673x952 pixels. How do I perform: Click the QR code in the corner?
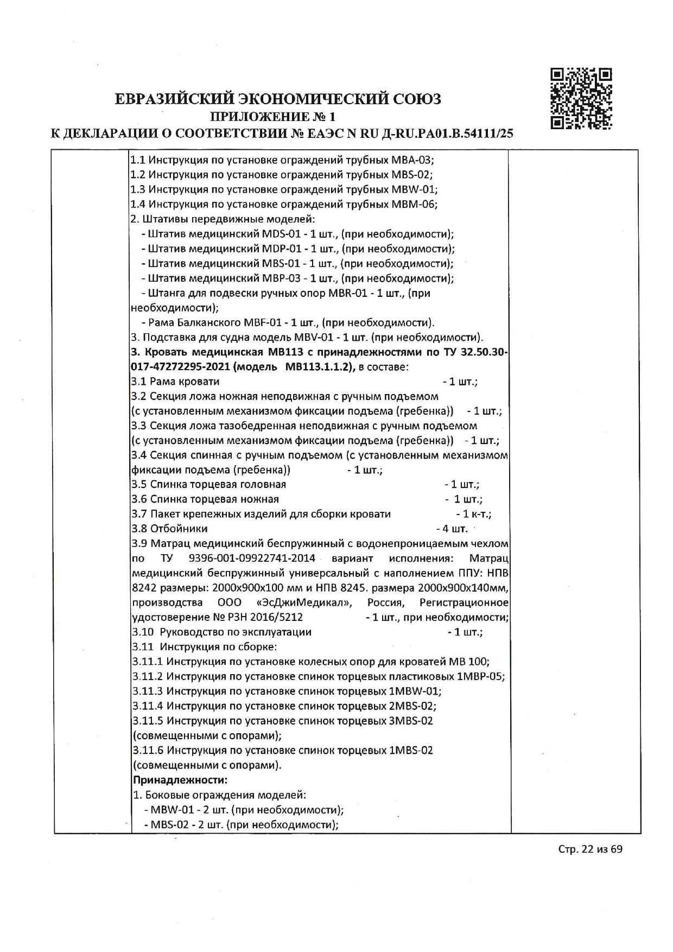coord(581,98)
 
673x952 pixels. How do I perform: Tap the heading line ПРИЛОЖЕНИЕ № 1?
coord(273,116)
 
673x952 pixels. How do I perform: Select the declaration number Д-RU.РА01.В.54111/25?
coord(449,134)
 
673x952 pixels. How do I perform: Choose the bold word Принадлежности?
coord(180,780)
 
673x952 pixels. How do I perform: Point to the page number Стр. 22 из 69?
coord(590,864)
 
